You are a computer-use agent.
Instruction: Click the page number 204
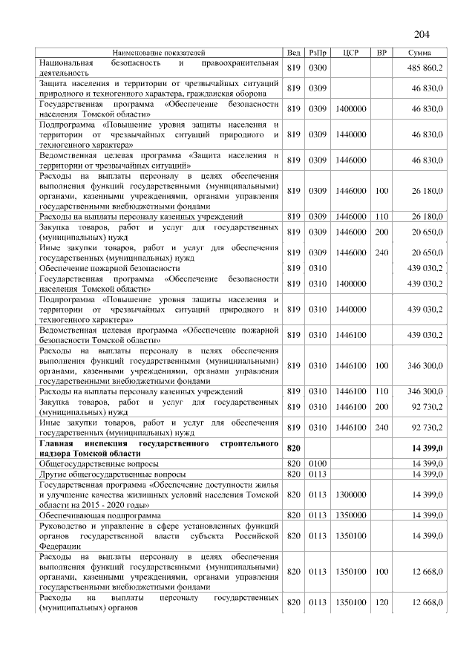pos(421,35)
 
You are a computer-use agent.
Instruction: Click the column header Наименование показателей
pos(158,53)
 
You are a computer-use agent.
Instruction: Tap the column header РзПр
pos(318,53)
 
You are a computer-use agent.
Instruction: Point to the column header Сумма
pos(419,53)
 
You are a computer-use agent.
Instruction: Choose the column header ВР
pos(381,53)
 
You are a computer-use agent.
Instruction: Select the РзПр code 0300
pos(318,68)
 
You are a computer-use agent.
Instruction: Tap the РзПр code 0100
pos(318,463)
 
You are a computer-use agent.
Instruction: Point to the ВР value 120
pos(381,602)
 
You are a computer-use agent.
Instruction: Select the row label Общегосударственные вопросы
pos(102,463)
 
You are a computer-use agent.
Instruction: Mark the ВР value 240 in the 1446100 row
pos(381,427)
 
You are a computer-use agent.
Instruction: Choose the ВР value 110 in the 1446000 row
pos(381,215)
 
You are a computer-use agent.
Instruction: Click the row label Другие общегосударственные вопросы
pos(112,473)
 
